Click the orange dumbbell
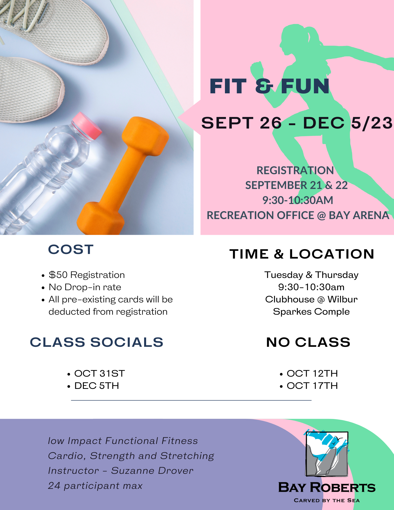(x=123, y=176)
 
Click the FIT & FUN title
(x=269, y=86)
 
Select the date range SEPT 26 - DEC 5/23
(x=297, y=123)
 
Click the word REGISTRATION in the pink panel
(x=295, y=170)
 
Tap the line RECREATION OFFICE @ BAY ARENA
(x=298, y=215)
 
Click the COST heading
(x=71, y=249)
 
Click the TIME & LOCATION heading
(x=302, y=254)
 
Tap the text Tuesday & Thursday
(x=311, y=275)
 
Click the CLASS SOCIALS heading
(x=97, y=342)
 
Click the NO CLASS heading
(x=308, y=342)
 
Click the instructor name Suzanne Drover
(x=152, y=471)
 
